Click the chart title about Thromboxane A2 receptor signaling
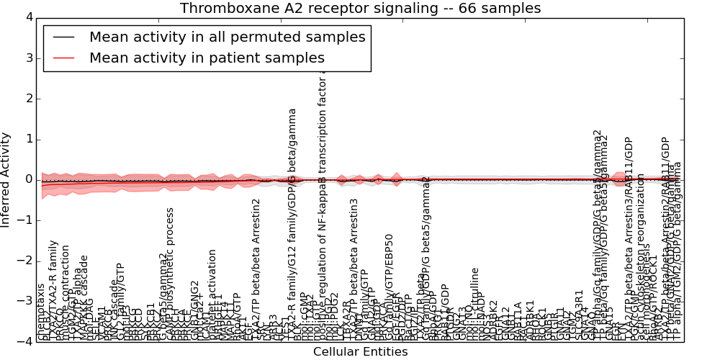point(360,9)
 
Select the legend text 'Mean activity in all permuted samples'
point(227,37)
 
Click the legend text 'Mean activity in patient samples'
point(207,58)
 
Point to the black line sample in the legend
point(63,37)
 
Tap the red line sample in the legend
point(63,58)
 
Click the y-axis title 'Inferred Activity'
point(6,179)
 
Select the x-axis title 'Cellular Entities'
point(360,351)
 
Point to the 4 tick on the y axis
point(27,17)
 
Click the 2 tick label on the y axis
point(27,99)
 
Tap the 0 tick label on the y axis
point(27,179)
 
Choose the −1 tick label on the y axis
point(24,220)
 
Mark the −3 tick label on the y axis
point(24,301)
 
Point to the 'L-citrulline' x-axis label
point(475,292)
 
